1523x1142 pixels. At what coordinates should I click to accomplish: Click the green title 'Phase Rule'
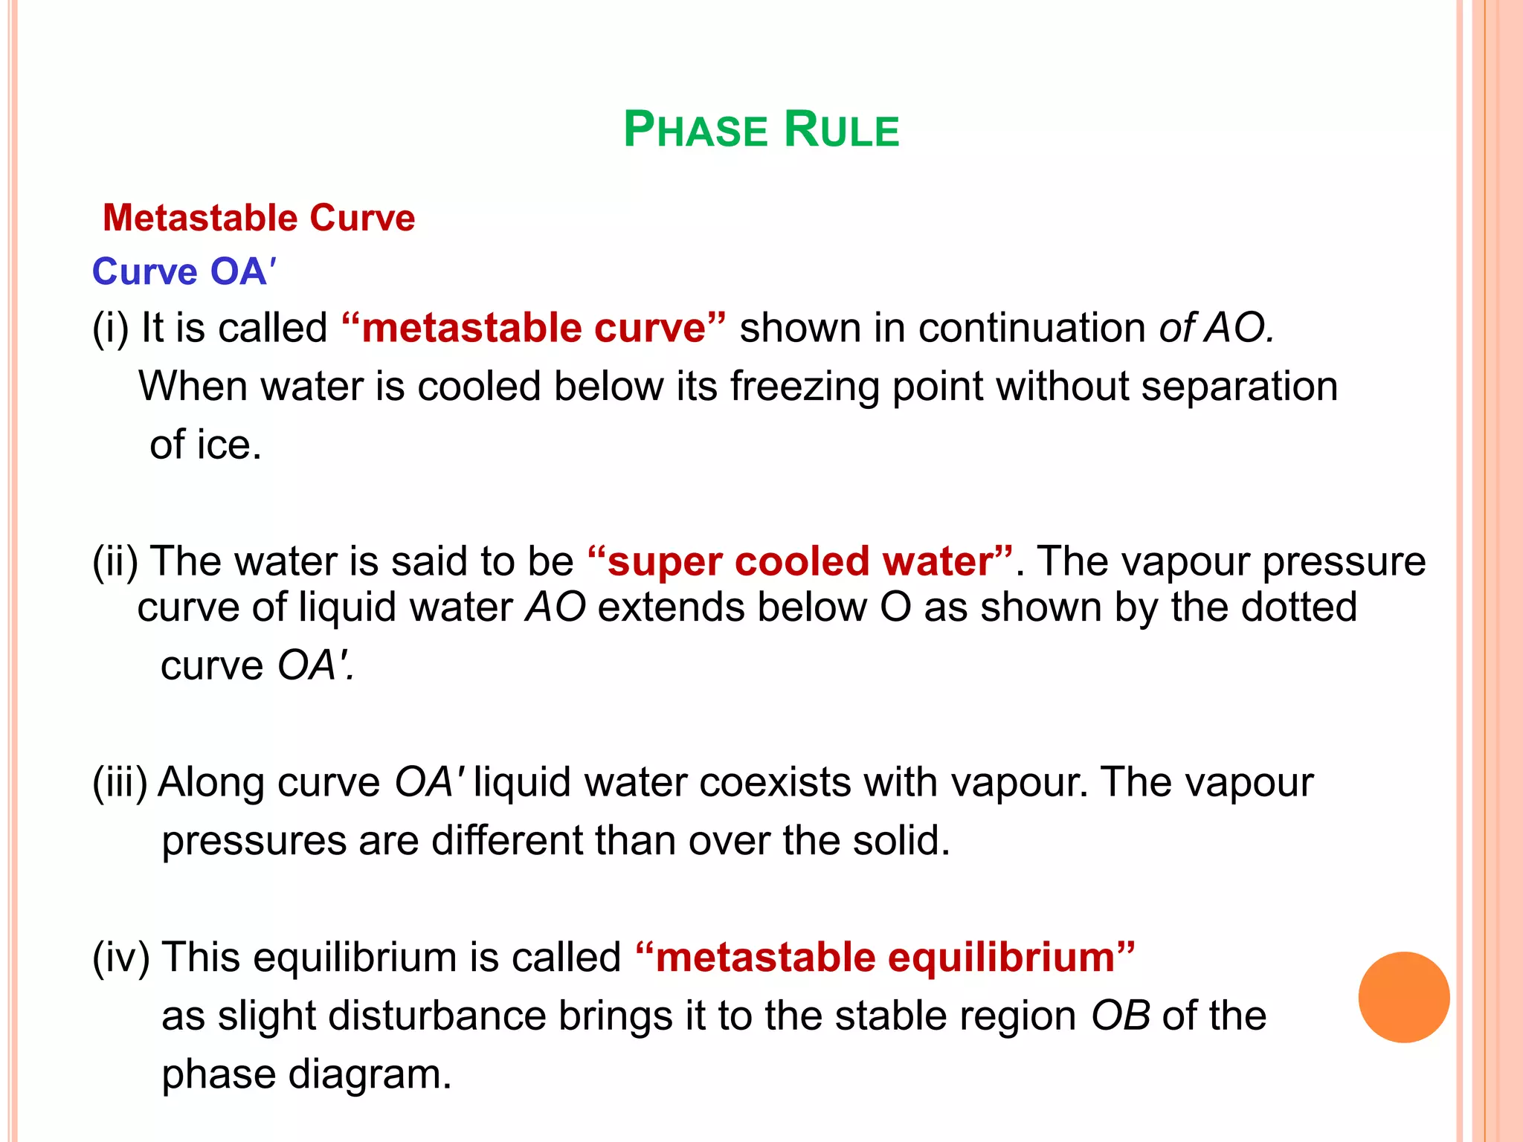pos(761,130)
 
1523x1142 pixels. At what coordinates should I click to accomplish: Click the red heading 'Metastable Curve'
pos(259,218)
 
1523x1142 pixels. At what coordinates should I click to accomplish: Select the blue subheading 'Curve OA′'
pos(184,271)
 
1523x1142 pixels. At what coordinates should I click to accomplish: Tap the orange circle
pos(1403,997)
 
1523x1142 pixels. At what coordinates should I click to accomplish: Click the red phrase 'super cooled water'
pos(799,561)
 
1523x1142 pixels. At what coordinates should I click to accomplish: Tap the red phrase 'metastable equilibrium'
pos(885,957)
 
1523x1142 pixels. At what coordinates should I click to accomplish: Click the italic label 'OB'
pos(1120,1016)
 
